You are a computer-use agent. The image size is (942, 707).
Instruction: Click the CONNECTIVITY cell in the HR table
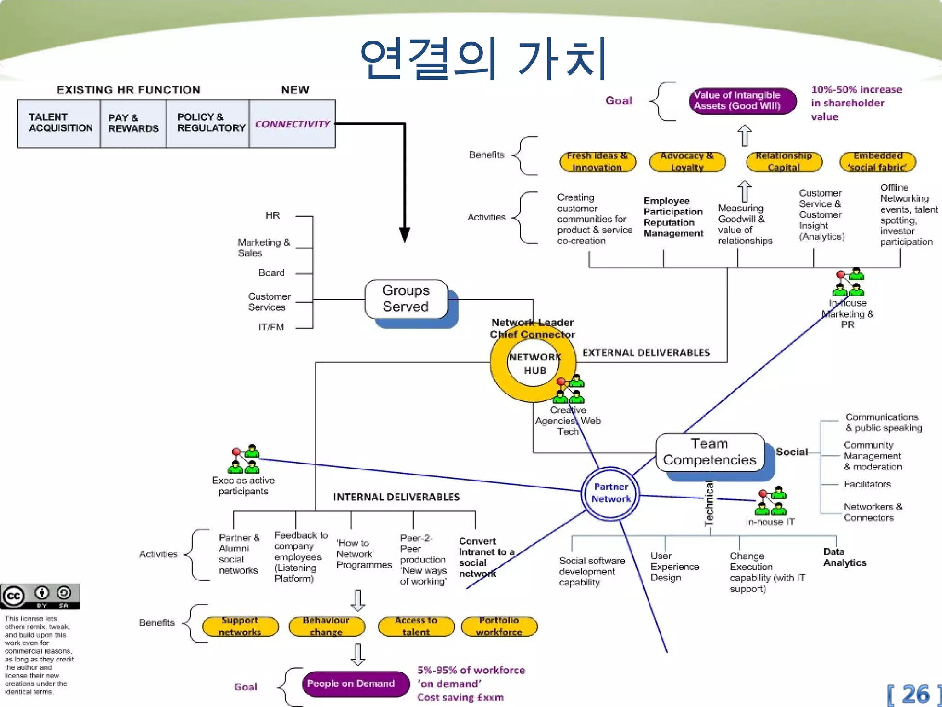click(x=293, y=124)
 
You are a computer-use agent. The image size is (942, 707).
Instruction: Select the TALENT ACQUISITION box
click(x=60, y=123)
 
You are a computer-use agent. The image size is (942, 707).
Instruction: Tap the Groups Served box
click(x=406, y=299)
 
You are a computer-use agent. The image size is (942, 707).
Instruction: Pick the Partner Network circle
click(x=610, y=493)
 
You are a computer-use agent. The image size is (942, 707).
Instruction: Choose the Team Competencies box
click(x=710, y=452)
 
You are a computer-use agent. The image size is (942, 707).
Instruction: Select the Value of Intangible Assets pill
click(x=742, y=101)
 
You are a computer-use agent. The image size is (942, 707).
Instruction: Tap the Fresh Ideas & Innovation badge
click(x=597, y=162)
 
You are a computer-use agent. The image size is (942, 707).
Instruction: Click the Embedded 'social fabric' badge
click(x=878, y=162)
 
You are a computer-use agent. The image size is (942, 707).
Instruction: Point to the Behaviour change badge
click(x=327, y=626)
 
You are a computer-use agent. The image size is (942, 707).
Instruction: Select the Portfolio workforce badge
click(x=499, y=626)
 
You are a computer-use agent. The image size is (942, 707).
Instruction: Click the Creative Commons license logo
click(x=40, y=597)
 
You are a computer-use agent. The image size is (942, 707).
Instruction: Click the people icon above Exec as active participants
click(x=244, y=459)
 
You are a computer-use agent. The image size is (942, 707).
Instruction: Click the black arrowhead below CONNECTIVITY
click(x=404, y=235)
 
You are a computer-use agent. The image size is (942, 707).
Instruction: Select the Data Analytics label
click(x=844, y=557)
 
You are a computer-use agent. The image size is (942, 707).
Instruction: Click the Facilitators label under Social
click(x=867, y=484)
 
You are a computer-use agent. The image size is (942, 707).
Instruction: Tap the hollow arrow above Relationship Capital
click(x=744, y=136)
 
